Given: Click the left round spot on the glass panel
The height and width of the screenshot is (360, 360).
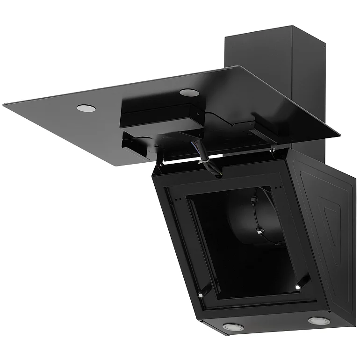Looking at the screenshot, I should pyautogui.click(x=86, y=108).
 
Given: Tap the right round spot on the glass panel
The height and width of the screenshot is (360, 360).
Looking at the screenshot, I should pyautogui.click(x=189, y=92).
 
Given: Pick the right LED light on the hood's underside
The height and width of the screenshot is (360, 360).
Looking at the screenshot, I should pyautogui.click(x=317, y=321).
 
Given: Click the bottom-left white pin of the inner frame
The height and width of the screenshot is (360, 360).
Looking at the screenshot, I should pyautogui.click(x=200, y=295).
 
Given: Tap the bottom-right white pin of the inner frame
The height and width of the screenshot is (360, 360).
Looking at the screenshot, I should pyautogui.click(x=297, y=286).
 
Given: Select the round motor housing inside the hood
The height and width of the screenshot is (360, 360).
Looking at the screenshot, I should pyautogui.click(x=255, y=220).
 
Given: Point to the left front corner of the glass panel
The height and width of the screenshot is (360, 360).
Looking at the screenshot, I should pyautogui.click(x=6, y=105).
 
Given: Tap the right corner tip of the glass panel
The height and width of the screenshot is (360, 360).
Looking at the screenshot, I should pyautogui.click(x=339, y=136).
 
